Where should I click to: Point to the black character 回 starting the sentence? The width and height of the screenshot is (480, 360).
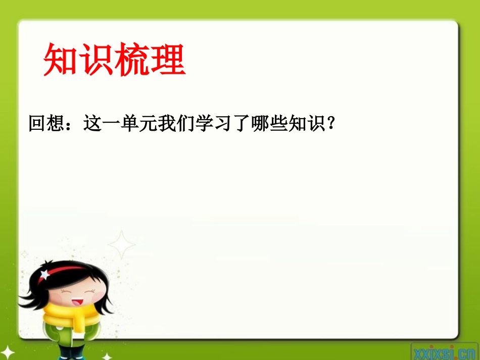coord(37,123)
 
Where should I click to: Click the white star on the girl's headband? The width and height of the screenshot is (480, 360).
coord(45,274)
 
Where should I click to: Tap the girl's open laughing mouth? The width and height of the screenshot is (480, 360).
coord(77,301)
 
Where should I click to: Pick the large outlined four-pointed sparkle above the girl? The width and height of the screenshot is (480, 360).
coord(121,245)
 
